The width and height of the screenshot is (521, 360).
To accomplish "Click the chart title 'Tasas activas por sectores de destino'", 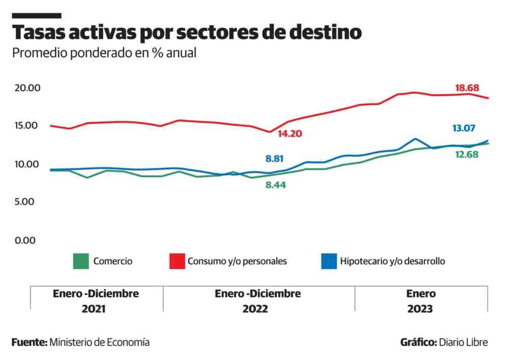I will [187, 33].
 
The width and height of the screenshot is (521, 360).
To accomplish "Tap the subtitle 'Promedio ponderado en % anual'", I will [104, 53].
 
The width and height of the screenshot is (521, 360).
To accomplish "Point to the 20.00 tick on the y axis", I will [27, 88].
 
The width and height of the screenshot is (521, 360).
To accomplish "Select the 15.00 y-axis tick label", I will [27, 126].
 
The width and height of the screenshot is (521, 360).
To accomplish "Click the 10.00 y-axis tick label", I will [27, 164].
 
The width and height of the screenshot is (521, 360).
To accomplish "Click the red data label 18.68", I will [467, 88].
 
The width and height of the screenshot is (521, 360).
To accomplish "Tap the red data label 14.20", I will [290, 134].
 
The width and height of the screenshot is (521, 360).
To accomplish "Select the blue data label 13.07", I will [464, 128].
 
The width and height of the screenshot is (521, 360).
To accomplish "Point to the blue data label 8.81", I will [275, 159].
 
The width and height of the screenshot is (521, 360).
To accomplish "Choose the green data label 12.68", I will [466, 154].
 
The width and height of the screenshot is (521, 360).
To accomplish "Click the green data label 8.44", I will [275, 185].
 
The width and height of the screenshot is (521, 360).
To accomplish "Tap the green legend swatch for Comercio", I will [81, 261].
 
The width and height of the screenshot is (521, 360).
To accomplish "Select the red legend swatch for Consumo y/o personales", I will [177, 261].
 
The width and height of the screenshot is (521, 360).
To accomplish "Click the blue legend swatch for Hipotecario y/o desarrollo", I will [329, 261].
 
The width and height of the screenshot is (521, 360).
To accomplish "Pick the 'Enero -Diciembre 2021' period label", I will [96, 301].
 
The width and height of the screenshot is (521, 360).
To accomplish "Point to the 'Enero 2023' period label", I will [421, 301].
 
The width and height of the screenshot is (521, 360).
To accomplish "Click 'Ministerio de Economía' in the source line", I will [99, 342].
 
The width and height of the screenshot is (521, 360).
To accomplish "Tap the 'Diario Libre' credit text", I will [463, 342].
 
